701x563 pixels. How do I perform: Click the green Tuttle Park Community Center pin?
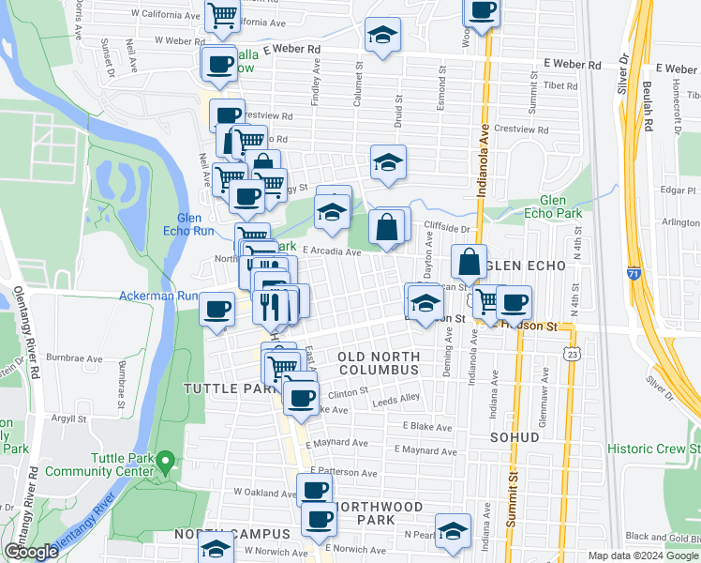point(166,461)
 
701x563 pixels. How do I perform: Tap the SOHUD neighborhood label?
point(515,437)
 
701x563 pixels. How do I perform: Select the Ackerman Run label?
point(157,296)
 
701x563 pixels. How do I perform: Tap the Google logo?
point(31,552)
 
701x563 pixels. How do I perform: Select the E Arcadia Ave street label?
point(332,251)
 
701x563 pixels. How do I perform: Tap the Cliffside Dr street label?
point(445,227)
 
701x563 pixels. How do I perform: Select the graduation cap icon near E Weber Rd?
point(382,37)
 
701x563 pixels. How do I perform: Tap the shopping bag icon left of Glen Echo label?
point(470,262)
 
